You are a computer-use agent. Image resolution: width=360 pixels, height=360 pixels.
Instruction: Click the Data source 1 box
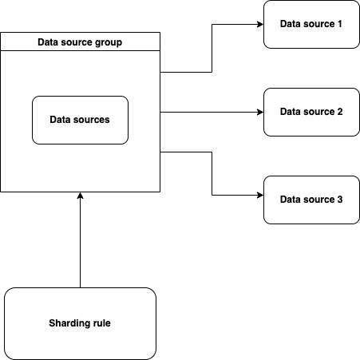click(x=311, y=24)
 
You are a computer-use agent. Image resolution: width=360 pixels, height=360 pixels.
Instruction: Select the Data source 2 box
click(x=311, y=112)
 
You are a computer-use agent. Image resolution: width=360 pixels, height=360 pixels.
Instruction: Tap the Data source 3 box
click(x=311, y=199)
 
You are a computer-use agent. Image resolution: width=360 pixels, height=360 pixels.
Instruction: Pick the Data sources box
click(x=80, y=120)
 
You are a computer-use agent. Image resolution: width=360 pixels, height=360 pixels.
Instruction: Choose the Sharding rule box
click(x=80, y=323)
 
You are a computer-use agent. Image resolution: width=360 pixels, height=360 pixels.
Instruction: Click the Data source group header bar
click(x=80, y=42)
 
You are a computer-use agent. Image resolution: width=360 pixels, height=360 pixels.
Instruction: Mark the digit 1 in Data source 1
click(x=339, y=24)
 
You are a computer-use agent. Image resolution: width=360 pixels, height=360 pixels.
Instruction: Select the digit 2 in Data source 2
click(x=339, y=112)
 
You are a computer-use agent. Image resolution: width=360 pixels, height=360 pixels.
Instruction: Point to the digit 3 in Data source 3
click(x=339, y=199)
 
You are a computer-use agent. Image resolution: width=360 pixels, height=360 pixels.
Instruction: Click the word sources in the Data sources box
click(x=92, y=120)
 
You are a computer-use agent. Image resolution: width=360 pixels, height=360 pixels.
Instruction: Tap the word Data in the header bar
click(x=49, y=42)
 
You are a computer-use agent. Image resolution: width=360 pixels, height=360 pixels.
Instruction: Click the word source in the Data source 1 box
click(x=318, y=24)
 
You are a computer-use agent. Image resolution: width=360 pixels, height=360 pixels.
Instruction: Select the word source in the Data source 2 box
click(x=318, y=112)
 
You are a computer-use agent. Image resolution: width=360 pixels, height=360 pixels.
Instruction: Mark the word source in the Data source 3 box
click(x=318, y=199)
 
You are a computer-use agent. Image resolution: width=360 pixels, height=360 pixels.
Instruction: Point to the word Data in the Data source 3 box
click(x=291, y=199)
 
